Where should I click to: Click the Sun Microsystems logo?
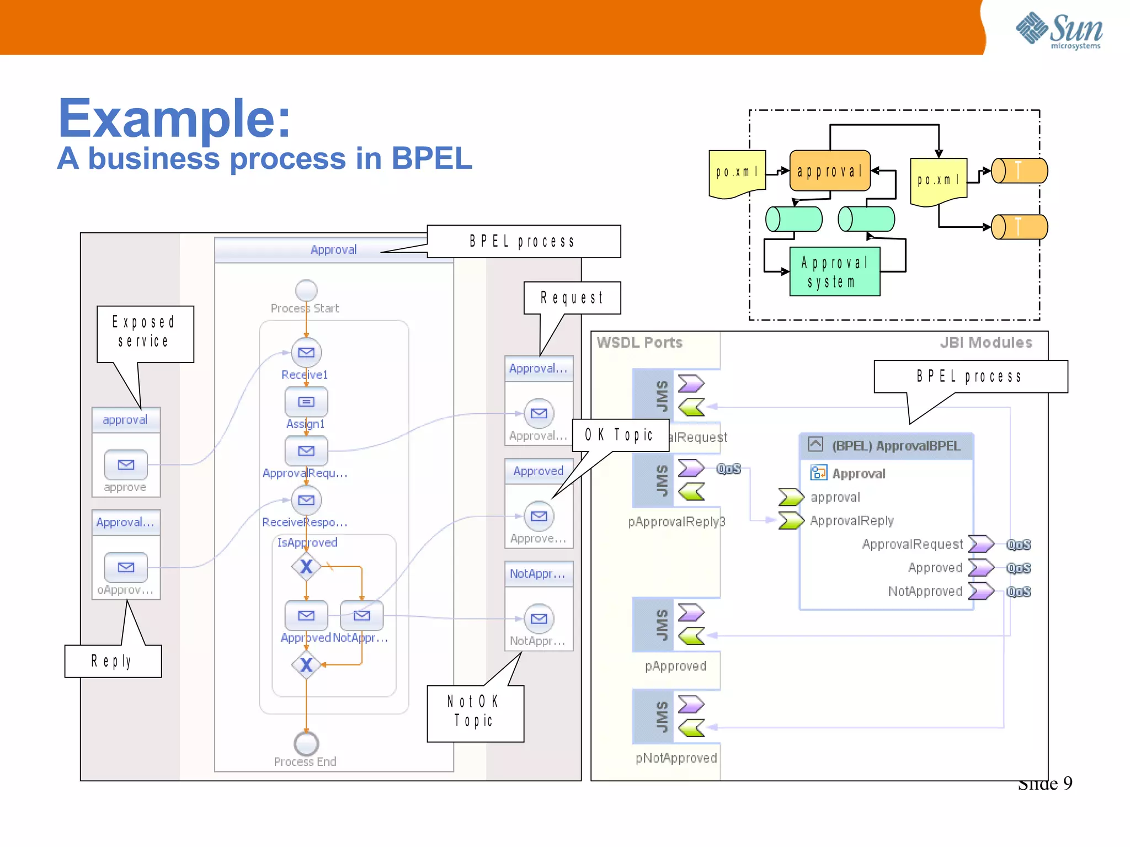pos(1059,30)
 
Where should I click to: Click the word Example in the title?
pos(174,118)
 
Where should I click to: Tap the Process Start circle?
pos(306,290)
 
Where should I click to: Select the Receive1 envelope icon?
pos(306,352)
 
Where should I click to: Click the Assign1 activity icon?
pos(306,402)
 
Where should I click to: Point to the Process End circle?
pos(306,743)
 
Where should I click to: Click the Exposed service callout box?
pos(145,332)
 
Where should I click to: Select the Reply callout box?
pos(113,660)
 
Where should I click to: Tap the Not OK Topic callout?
pos(475,712)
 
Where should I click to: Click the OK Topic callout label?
pos(620,435)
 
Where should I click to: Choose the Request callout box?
pos(572,298)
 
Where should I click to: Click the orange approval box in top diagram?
pos(829,171)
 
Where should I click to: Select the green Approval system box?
pos(834,272)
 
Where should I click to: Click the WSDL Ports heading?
pos(639,343)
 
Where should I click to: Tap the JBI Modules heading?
pos(985,343)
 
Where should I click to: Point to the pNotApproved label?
pos(676,758)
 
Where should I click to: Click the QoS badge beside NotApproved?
pos(1018,592)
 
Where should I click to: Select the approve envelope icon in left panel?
pos(126,465)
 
